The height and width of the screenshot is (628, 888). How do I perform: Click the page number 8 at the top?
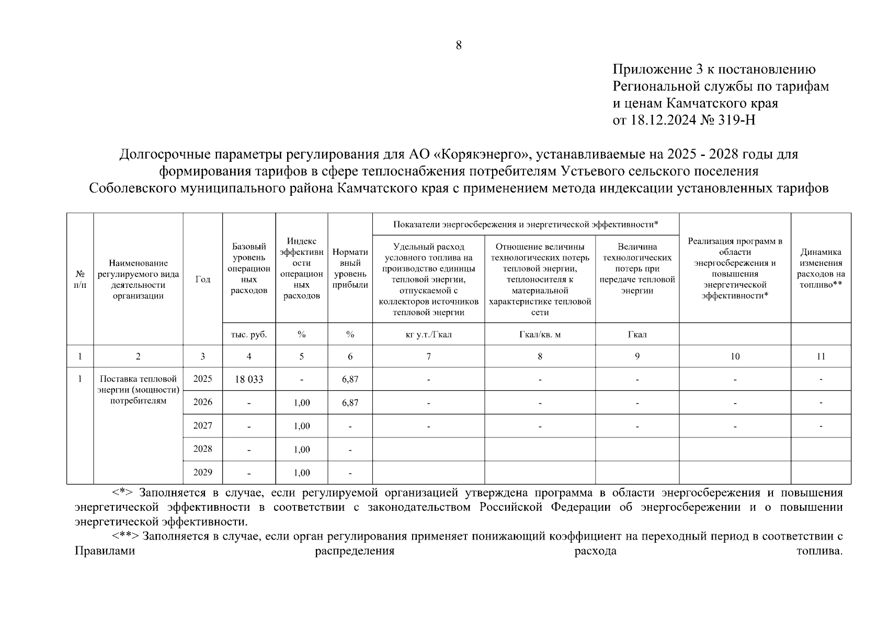[459, 46]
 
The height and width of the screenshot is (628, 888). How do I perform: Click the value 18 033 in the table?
[249, 379]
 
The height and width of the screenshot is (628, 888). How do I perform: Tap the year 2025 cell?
[202, 379]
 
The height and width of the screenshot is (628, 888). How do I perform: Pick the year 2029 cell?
[202, 473]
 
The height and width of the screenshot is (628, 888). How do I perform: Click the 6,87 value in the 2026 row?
[350, 402]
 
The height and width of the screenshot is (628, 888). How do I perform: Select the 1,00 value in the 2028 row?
[302, 450]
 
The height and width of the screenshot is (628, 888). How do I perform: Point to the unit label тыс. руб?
[249, 334]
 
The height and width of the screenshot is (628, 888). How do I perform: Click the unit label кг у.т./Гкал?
[428, 334]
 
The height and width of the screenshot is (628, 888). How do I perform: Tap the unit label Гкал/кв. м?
[540, 334]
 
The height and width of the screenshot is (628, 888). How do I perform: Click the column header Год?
[202, 279]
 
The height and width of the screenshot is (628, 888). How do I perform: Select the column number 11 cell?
[821, 356]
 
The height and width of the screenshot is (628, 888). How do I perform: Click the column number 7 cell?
[428, 356]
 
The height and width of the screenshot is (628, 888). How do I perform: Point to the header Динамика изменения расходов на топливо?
[821, 268]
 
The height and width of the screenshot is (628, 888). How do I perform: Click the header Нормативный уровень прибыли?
[350, 268]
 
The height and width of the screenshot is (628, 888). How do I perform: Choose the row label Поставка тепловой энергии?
[138, 390]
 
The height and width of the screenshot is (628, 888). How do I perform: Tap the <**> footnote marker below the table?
[125, 536]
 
